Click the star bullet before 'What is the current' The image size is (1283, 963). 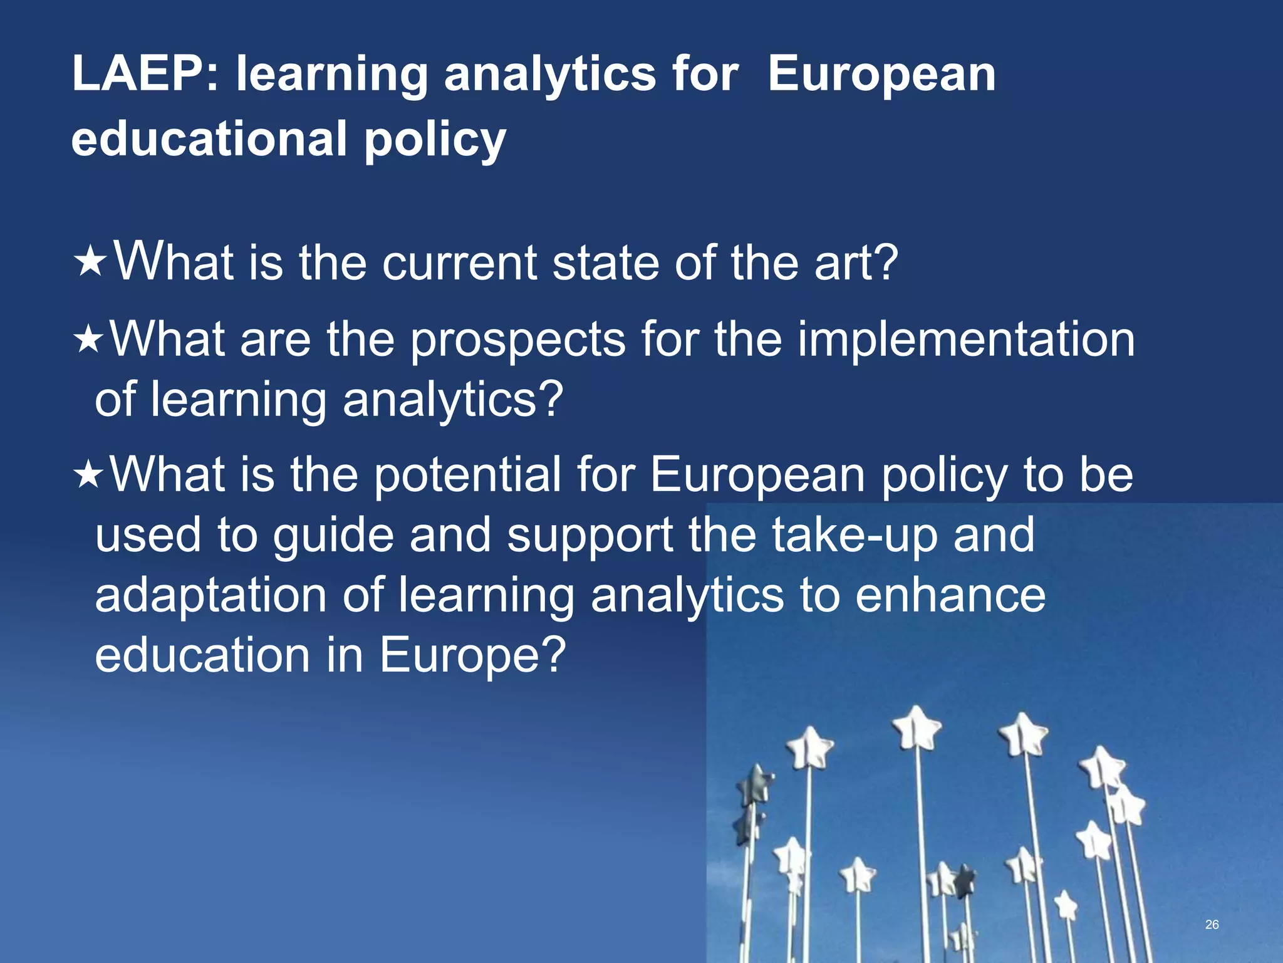click(91, 263)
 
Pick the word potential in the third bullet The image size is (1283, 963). click(467, 475)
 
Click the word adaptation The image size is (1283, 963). click(210, 596)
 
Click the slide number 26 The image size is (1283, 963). click(1212, 924)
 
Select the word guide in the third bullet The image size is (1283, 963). click(333, 536)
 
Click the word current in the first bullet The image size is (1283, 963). click(460, 263)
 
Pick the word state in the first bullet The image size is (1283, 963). click(605, 263)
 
